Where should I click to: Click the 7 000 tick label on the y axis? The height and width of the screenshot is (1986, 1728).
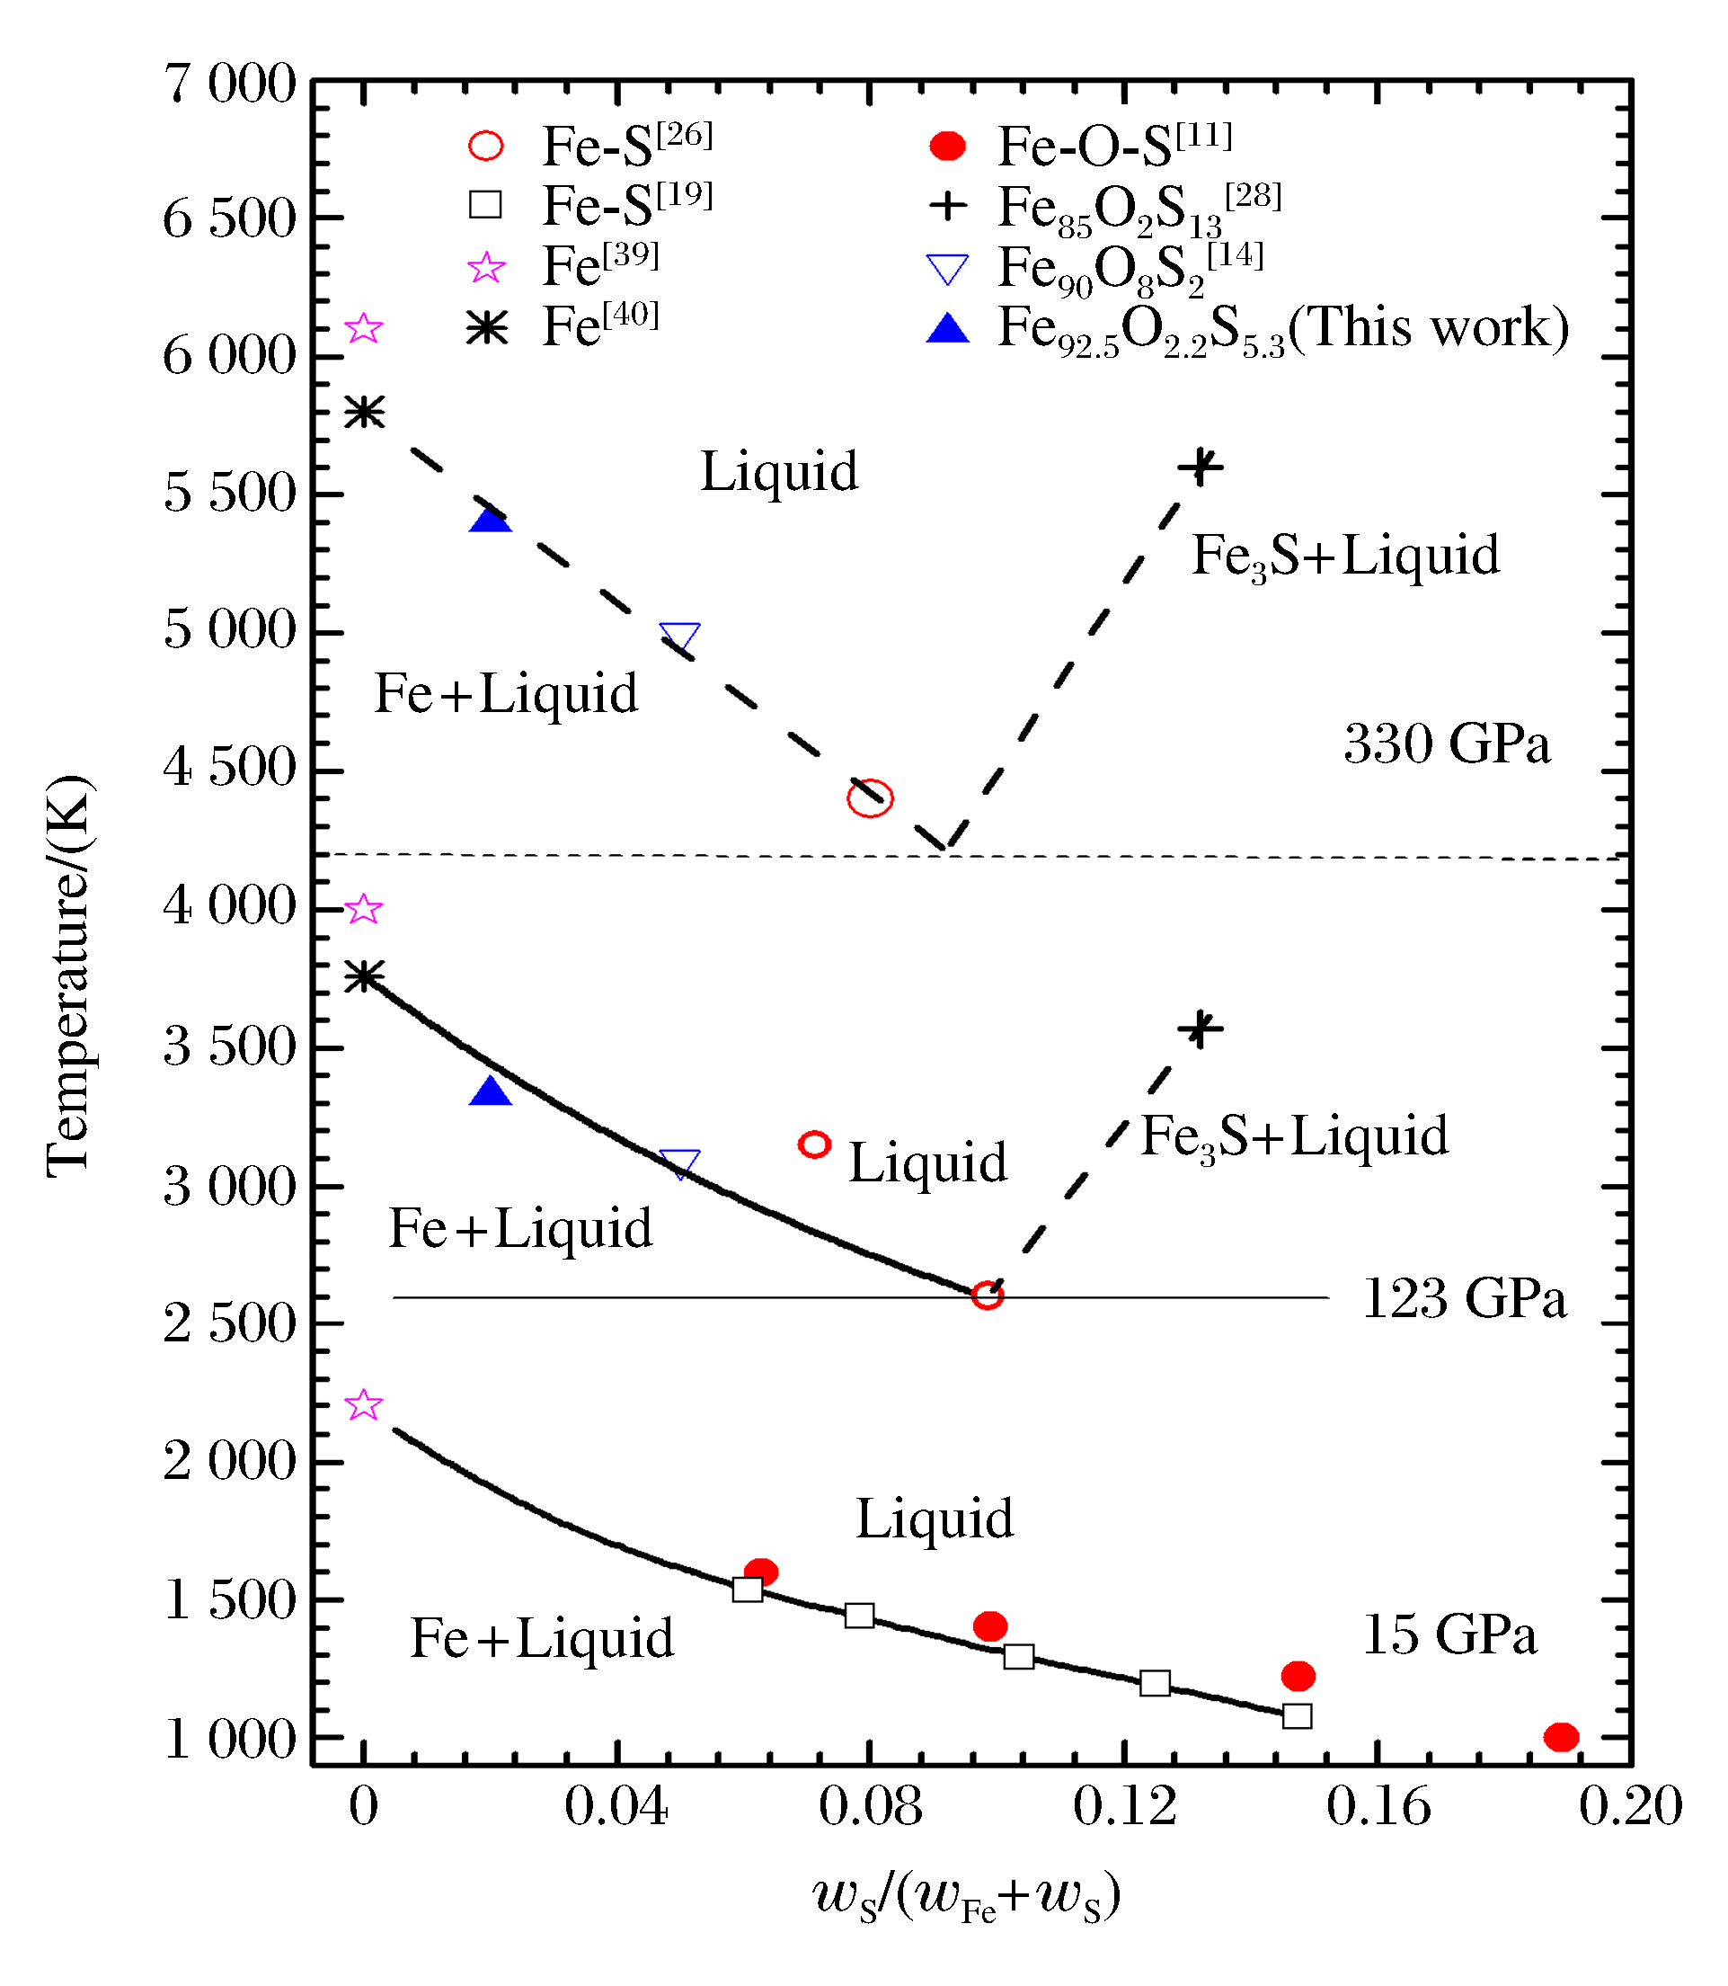tap(229, 84)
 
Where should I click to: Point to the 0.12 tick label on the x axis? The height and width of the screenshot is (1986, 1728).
tap(1124, 1806)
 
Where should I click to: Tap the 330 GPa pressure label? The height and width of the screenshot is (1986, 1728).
tap(1447, 744)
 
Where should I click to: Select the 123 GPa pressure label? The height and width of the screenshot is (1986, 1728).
tap(1464, 1298)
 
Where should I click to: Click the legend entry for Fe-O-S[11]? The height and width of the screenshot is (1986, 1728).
tap(1113, 146)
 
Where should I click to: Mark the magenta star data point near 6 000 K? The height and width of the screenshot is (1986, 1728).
tap(364, 329)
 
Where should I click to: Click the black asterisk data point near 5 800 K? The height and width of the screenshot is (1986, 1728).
tap(365, 413)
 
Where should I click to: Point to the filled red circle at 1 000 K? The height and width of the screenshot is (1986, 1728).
tap(1561, 1737)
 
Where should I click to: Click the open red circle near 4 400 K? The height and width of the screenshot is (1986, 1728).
tap(870, 797)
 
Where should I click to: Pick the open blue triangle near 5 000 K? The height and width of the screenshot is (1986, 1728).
tap(680, 637)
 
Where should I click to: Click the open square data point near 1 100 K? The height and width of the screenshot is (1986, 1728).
tap(1297, 1716)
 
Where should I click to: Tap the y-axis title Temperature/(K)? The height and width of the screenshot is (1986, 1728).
tap(69, 975)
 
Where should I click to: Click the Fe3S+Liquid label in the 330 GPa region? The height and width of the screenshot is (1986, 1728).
tap(1345, 557)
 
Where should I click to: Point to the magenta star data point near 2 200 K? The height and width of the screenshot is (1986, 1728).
tap(364, 1405)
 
